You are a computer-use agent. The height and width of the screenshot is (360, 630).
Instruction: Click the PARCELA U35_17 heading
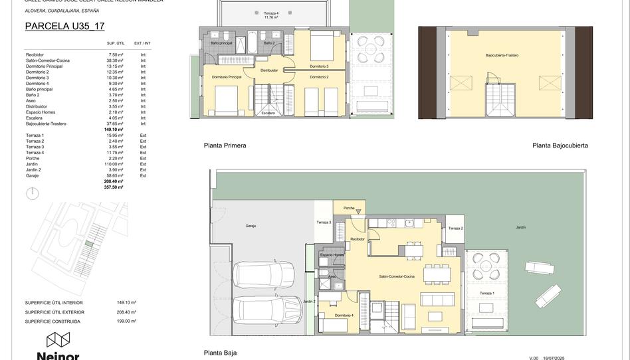tap(64, 27)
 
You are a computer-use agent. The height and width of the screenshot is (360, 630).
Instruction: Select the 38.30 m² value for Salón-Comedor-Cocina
tap(116, 60)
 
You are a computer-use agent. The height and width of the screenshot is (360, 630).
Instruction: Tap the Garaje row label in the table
tap(33, 175)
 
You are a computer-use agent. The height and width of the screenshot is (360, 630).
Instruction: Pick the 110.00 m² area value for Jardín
tap(115, 164)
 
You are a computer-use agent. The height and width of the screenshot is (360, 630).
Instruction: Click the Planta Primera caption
tap(225, 145)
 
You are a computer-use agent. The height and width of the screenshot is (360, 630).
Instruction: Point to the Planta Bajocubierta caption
tap(560, 145)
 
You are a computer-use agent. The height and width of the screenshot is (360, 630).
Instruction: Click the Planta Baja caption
tap(220, 353)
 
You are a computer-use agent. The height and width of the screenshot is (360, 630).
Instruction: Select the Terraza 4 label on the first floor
tap(271, 14)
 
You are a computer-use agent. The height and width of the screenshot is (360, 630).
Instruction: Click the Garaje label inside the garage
tap(251, 226)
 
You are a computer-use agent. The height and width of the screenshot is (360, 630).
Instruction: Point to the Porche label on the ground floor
tap(349, 209)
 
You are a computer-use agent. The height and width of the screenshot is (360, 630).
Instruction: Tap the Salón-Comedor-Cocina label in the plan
tap(397, 276)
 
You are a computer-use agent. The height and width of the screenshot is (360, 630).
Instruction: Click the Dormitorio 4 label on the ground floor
tap(344, 315)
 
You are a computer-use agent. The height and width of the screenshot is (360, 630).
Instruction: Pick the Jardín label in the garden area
tap(520, 227)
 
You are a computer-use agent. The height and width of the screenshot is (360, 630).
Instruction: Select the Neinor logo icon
tap(58, 340)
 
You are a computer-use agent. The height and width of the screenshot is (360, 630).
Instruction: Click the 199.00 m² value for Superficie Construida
tap(126, 321)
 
